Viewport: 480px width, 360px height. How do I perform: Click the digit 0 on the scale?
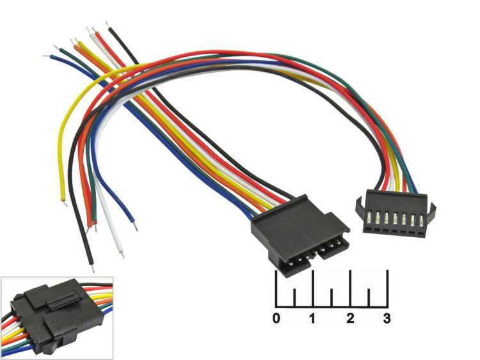[x=276, y=317]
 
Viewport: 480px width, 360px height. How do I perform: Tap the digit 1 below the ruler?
[x=313, y=317]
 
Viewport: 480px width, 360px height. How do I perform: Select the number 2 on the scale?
[x=350, y=317]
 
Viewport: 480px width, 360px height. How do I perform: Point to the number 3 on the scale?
[x=387, y=317]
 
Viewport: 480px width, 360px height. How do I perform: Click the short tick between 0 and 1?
[x=294, y=297]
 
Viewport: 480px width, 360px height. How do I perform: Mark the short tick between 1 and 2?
[x=332, y=297]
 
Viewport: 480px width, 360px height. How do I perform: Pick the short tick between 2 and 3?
[x=369, y=297]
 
